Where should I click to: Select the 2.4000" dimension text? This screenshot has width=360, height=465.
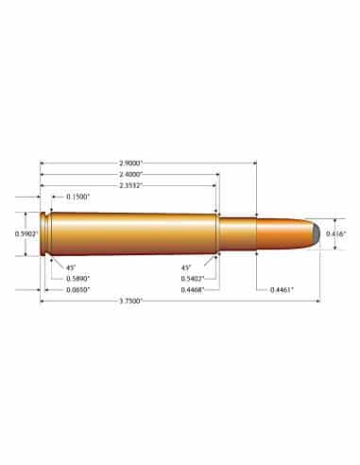pos(129,175)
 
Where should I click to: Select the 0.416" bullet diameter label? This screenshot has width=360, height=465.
pos(336,232)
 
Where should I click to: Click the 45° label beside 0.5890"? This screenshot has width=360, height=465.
pos(71,267)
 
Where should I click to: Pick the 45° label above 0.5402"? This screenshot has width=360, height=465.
pos(188,267)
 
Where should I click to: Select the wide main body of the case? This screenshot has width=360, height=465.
pos(132,232)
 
